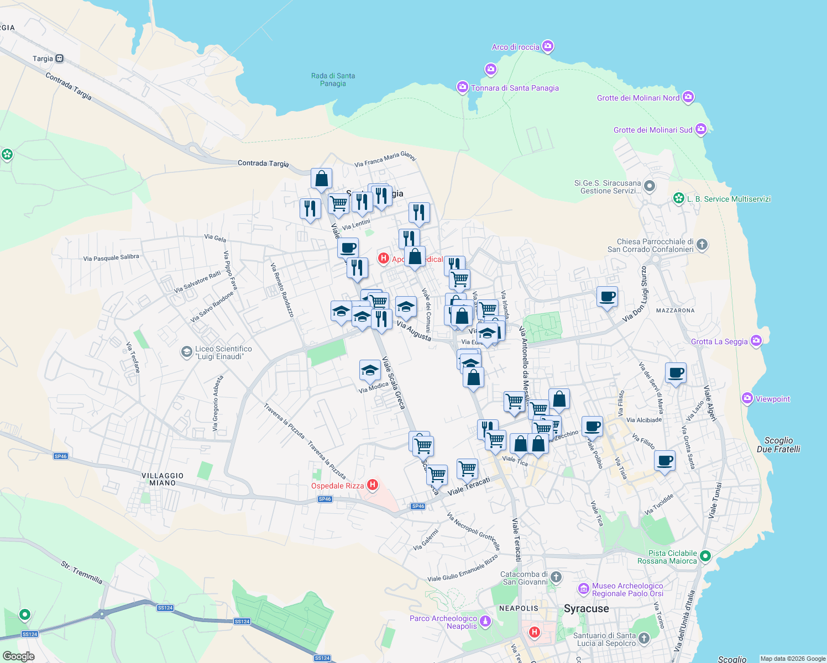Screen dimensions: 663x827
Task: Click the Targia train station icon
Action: (x=59, y=59)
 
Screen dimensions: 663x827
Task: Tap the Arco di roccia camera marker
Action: (x=548, y=46)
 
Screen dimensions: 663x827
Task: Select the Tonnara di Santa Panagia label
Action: (x=514, y=88)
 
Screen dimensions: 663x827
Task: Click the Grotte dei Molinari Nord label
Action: (x=638, y=98)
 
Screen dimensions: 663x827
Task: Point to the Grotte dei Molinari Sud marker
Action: (x=701, y=129)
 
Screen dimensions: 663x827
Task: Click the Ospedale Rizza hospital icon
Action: (x=373, y=485)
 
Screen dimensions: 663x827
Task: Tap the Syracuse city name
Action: (x=586, y=608)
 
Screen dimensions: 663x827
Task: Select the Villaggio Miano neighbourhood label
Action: (x=163, y=479)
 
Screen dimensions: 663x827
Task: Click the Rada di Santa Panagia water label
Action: (x=333, y=80)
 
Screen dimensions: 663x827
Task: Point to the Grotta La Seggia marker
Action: (x=756, y=341)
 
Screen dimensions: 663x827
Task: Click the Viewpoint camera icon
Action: (x=747, y=398)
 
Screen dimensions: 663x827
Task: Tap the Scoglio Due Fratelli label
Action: (x=778, y=445)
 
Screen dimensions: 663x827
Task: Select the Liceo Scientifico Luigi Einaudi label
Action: (x=223, y=352)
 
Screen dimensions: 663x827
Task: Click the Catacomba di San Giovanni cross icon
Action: (x=556, y=577)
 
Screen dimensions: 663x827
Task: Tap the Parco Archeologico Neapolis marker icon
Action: (x=485, y=622)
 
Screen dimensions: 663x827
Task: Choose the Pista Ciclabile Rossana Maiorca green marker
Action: (x=705, y=556)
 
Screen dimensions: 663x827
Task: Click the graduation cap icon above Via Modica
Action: (x=370, y=370)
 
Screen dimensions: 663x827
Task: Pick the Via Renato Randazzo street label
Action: (x=282, y=290)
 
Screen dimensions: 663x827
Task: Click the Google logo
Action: (x=19, y=656)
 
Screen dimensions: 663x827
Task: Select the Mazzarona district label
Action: (x=675, y=311)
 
